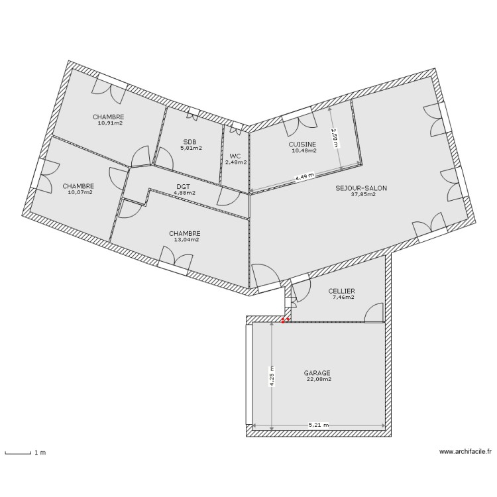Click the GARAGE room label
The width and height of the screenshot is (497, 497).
[x=318, y=373]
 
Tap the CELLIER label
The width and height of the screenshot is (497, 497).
[x=342, y=291]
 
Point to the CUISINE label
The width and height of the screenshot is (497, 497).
[x=302, y=144]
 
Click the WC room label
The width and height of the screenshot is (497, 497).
[x=235, y=156]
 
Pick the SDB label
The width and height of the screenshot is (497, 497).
[x=190, y=142]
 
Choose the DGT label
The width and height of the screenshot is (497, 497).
[x=184, y=187]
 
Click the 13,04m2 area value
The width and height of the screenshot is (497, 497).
[x=186, y=240]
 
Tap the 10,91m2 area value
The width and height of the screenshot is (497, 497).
[x=111, y=123]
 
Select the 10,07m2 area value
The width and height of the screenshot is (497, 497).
[x=79, y=193]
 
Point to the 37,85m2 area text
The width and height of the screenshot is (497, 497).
[x=363, y=195]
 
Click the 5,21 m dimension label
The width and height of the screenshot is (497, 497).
[x=318, y=425]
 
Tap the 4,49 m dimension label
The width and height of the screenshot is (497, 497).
[x=304, y=177]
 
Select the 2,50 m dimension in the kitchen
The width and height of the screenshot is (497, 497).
[x=335, y=138]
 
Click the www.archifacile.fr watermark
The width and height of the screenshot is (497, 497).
[x=466, y=453]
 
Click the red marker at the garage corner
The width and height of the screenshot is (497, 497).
[x=284, y=320]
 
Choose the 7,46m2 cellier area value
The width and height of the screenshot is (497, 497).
[x=343, y=298]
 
